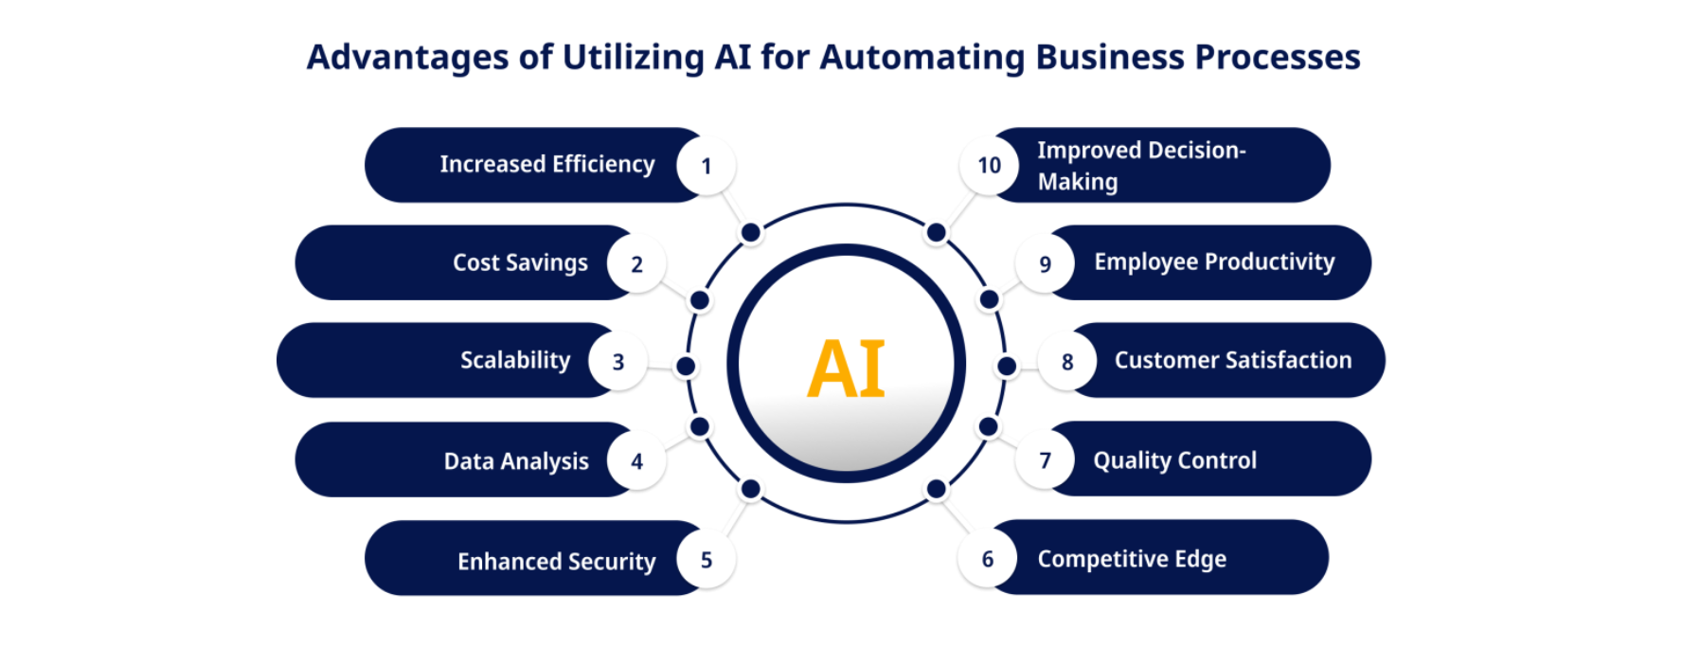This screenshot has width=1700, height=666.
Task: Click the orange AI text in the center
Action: click(x=846, y=369)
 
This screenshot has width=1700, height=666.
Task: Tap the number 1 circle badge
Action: click(x=706, y=166)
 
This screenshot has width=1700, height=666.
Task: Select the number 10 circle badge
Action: click(x=989, y=166)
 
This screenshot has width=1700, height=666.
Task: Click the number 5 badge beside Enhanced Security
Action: click(x=706, y=560)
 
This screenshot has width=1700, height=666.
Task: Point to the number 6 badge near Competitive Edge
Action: click(x=987, y=559)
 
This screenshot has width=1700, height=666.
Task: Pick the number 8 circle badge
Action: click(x=1066, y=361)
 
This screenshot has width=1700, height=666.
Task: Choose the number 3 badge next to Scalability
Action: click(x=617, y=361)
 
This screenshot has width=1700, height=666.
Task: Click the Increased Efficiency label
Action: click(x=546, y=165)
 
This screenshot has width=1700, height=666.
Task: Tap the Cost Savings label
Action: click(x=520, y=262)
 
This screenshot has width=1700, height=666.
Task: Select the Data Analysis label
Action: click(x=516, y=461)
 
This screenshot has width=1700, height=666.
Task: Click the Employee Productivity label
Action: click(x=1214, y=262)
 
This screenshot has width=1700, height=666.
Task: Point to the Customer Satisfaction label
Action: click(x=1232, y=360)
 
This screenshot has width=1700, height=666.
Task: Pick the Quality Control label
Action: click(x=1174, y=460)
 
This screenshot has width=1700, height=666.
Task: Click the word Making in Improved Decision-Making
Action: click(x=1077, y=182)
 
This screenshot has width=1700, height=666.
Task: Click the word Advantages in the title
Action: click(x=407, y=58)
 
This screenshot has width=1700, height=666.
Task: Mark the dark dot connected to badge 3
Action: click(x=686, y=366)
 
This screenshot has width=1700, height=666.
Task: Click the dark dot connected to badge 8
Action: click(x=1007, y=366)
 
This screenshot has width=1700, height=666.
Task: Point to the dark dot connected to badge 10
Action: click(x=936, y=232)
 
